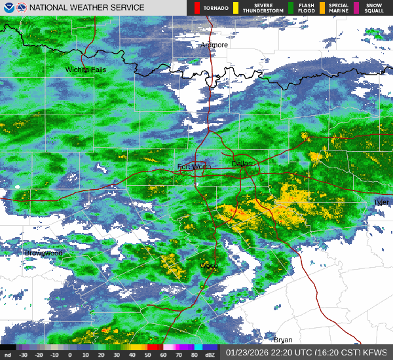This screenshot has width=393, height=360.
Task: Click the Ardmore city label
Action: coord(214,45)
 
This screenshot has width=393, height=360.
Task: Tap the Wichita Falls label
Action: coord(85,69)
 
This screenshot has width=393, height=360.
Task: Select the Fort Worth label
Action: coord(195,167)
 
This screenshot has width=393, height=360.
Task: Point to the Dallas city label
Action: coord(242,164)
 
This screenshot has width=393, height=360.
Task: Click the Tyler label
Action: coord(381,202)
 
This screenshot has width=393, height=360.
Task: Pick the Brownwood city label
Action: coord(43,253)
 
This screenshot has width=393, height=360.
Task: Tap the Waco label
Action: coord(208,265)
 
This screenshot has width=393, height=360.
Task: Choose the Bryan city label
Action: coord(283,340)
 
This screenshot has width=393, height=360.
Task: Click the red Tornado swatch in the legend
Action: coord(197,8)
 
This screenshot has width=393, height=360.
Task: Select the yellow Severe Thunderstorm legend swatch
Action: coord(235,8)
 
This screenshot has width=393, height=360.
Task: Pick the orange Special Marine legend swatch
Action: coord(323,8)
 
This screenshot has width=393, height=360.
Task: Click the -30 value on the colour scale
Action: coord(23,355)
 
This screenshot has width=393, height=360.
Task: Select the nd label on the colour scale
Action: coord(7,355)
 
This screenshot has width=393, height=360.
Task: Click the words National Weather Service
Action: coord(86,8)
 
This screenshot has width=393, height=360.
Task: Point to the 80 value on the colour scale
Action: coord(195,355)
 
